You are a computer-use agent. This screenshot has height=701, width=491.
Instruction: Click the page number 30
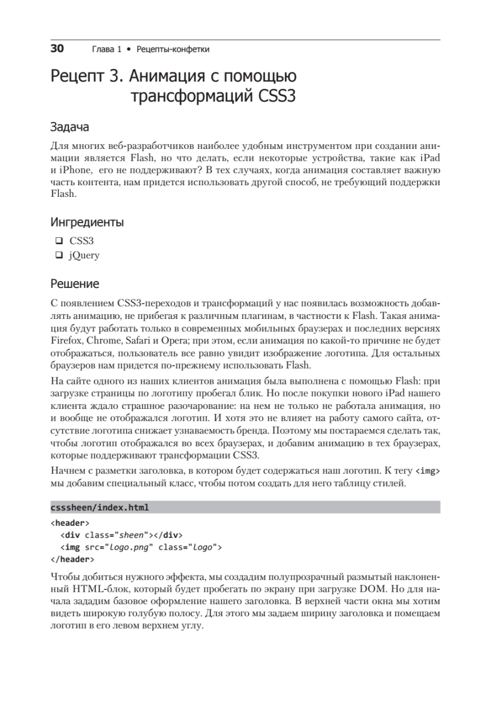pyautogui.click(x=57, y=48)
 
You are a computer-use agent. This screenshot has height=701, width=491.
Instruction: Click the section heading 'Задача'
pyautogui.click(x=69, y=127)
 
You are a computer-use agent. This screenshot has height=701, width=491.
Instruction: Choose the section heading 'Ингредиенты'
pyautogui.click(x=87, y=222)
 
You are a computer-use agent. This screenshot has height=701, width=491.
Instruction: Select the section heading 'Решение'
pyautogui.click(x=75, y=284)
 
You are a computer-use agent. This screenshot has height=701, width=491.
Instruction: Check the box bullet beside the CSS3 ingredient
pyautogui.click(x=58, y=240)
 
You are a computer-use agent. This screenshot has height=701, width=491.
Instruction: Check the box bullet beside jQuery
pyautogui.click(x=58, y=255)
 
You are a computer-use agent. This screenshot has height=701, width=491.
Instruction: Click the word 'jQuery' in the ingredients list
pyautogui.click(x=85, y=255)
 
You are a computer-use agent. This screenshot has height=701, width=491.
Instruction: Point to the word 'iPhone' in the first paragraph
pyautogui.click(x=74, y=169)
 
